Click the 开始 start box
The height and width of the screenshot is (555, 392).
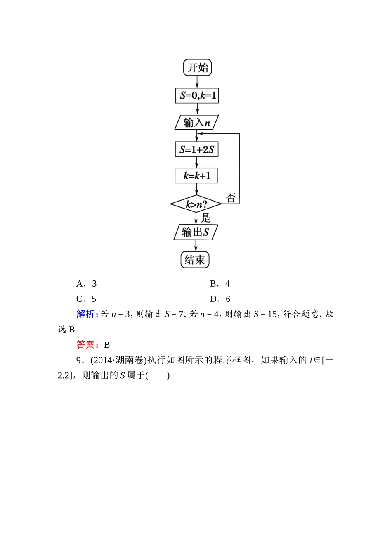click(197, 68)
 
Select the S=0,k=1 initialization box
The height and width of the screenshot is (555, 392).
click(197, 96)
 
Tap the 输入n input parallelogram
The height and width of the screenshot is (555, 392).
click(196, 123)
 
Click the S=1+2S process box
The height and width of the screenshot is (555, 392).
click(196, 149)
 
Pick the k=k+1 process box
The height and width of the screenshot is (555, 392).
click(196, 176)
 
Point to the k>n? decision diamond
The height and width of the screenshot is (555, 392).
click(196, 204)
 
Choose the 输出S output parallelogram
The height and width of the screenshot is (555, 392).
click(196, 232)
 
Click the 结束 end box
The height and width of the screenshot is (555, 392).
click(195, 260)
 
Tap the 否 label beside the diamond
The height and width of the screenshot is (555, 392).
click(231, 198)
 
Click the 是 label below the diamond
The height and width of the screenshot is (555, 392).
click(205, 218)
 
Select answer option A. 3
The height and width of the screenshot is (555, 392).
click(87, 284)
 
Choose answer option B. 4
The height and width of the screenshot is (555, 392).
click(220, 284)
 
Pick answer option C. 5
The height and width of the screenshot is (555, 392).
click(86, 299)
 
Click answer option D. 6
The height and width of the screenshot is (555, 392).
click(220, 299)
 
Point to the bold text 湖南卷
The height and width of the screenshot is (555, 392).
click(129, 360)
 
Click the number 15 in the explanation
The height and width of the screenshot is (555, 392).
click(272, 314)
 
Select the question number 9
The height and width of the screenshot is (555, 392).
click(79, 360)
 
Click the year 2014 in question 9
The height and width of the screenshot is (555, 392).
click(103, 360)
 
